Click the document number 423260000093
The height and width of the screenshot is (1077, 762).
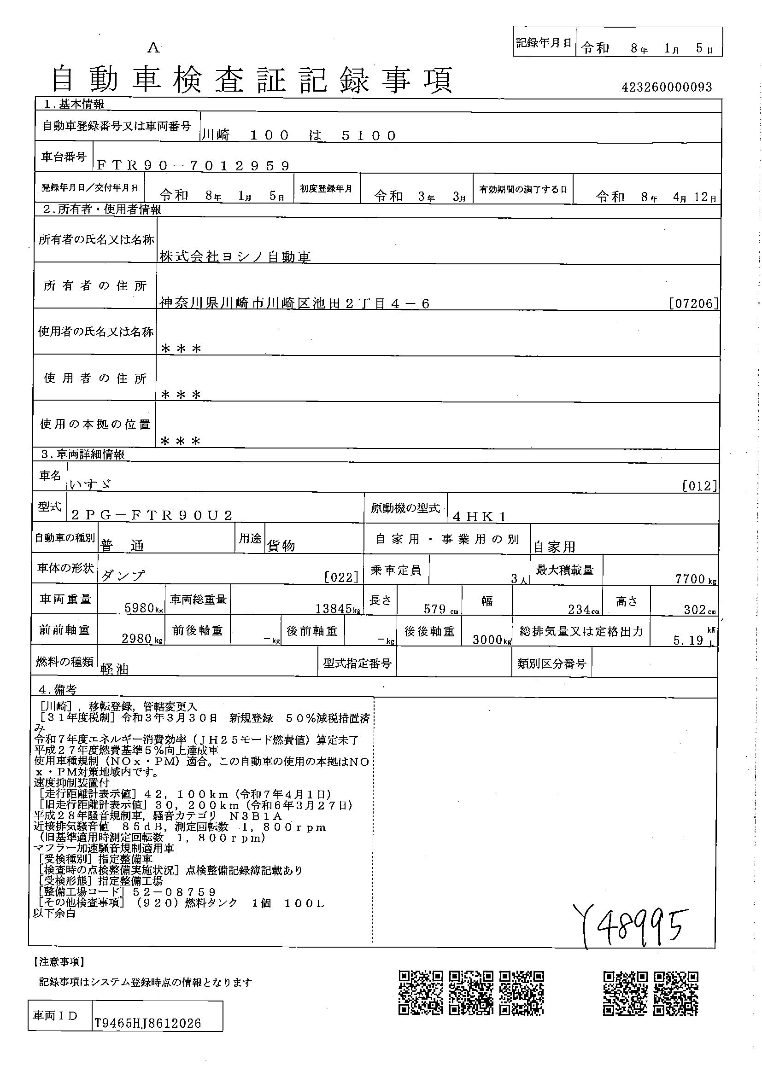pyautogui.click(x=666, y=87)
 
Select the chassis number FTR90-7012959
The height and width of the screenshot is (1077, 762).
pyautogui.click(x=193, y=166)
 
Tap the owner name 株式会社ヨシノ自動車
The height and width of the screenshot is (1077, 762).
pyautogui.click(x=235, y=256)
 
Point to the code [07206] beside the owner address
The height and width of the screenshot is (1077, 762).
pyautogui.click(x=693, y=303)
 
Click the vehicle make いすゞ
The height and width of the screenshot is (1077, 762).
pyautogui.click(x=91, y=484)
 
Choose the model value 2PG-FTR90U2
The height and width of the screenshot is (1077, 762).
pyautogui.click(x=152, y=516)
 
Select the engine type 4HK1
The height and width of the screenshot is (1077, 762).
pyautogui.click(x=479, y=517)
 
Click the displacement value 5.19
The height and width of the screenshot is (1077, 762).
pyautogui.click(x=688, y=641)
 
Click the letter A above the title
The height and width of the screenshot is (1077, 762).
pyautogui.click(x=153, y=48)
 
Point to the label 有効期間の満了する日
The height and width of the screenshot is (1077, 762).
pyautogui.click(x=523, y=190)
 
